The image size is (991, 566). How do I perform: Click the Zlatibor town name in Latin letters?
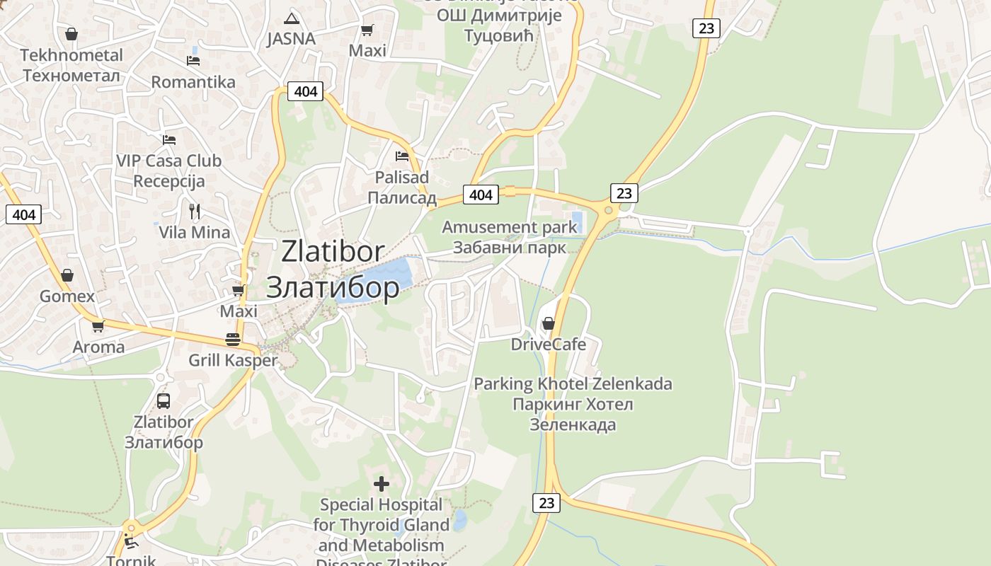333,251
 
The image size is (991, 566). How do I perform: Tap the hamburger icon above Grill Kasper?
233,339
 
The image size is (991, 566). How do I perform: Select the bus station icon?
164,401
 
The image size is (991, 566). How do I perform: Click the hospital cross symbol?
382,484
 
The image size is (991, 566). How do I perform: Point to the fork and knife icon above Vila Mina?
195,211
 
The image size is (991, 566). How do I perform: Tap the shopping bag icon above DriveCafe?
548,323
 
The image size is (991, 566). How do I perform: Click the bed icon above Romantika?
193,61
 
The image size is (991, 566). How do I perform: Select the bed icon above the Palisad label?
402,156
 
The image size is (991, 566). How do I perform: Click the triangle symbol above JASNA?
291,18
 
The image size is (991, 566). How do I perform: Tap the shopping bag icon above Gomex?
67,275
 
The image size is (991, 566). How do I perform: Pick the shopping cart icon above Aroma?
98,326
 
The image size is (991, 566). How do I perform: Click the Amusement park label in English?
510,227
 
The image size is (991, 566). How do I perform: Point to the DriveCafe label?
549,345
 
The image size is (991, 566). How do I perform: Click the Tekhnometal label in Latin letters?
71,55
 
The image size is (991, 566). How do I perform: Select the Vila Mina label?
194,232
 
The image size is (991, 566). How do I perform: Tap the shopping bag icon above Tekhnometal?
71,33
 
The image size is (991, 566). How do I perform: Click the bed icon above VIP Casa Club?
168,139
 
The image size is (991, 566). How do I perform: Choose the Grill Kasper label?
233,360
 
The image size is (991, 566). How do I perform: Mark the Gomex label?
67,296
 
